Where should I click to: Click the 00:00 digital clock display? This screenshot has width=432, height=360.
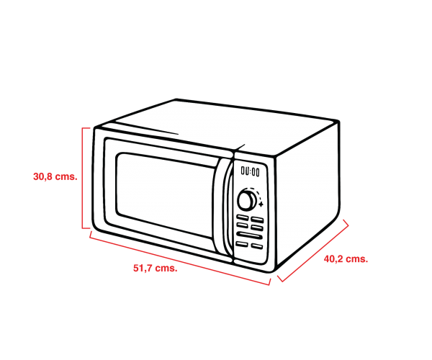click(251, 171)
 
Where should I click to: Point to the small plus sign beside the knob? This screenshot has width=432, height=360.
click(261, 205)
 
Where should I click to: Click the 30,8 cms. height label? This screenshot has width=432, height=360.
click(55, 175)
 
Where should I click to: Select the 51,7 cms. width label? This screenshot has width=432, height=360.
click(156, 269)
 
